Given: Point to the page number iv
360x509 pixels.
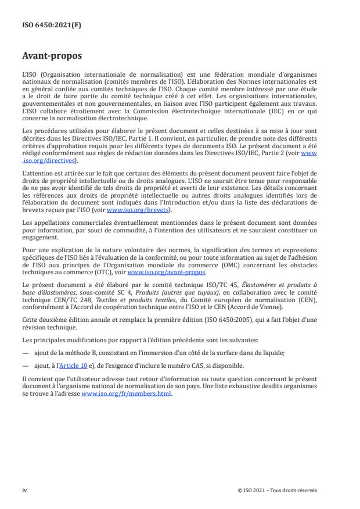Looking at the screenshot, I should [25, 490].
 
